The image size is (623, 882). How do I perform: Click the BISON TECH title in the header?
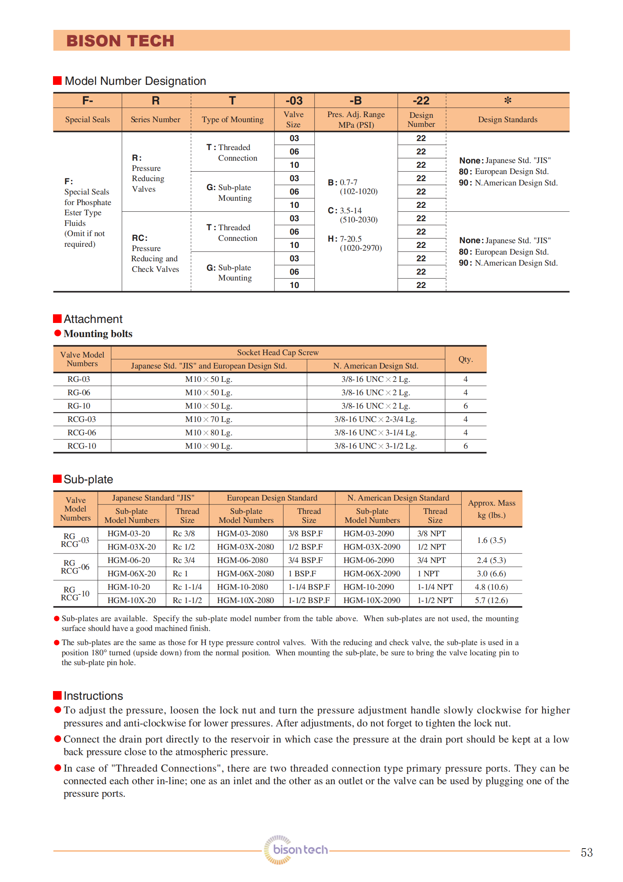pyautogui.click(x=120, y=41)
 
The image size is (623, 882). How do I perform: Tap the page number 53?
pyautogui.click(x=586, y=852)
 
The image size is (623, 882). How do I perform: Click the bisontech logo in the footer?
pyautogui.click(x=296, y=849)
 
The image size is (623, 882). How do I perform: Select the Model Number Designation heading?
pyautogui.click(x=135, y=81)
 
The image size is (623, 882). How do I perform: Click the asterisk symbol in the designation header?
pyautogui.click(x=508, y=101)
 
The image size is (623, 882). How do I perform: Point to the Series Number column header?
pyautogui.click(x=155, y=119)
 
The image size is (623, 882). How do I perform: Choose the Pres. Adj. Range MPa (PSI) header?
pyautogui.click(x=356, y=119)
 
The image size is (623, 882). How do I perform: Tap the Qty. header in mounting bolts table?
pyautogui.click(x=466, y=359)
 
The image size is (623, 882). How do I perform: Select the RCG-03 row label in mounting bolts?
pyautogui.click(x=82, y=419)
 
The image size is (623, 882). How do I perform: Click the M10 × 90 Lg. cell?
pyautogui.click(x=209, y=446)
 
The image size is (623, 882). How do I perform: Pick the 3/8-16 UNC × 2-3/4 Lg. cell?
pyautogui.click(x=376, y=419)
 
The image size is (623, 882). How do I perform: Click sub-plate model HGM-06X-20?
pyautogui.click(x=132, y=574)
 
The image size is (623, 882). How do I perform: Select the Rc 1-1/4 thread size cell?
pyautogui.click(x=187, y=587)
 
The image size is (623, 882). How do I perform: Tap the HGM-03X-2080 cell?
pyautogui.click(x=245, y=547)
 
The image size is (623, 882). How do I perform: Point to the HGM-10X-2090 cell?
pyautogui.click(x=372, y=600)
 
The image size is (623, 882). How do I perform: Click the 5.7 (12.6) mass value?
pyautogui.click(x=491, y=600)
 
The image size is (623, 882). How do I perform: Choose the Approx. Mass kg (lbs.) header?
pyautogui.click(x=491, y=509)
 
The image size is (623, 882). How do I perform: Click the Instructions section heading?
pyautogui.click(x=93, y=696)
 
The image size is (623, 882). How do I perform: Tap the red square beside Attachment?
pyautogui.click(x=57, y=318)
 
